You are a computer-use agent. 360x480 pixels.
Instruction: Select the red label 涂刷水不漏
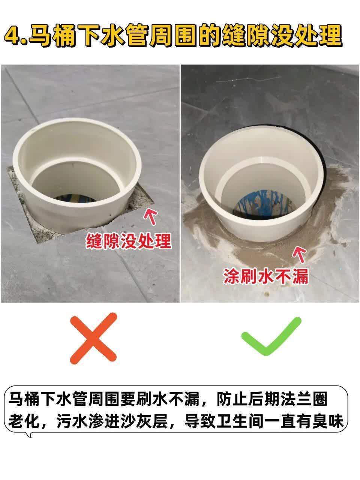point(266,276)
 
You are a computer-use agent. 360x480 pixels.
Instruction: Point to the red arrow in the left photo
point(150,216)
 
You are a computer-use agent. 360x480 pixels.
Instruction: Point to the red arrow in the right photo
point(299,254)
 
